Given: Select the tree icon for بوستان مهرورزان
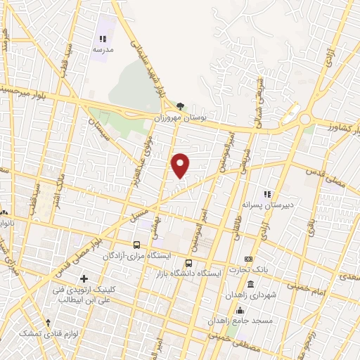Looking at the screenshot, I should [x=181, y=106].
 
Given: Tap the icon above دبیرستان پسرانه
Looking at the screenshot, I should [x=266, y=193].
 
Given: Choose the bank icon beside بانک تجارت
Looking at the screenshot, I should [x=248, y=259].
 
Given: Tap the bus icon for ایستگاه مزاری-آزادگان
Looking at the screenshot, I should [x=136, y=245].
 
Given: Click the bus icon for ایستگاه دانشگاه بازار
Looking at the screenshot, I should [x=188, y=262].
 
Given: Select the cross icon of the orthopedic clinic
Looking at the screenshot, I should [x=84, y=279].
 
